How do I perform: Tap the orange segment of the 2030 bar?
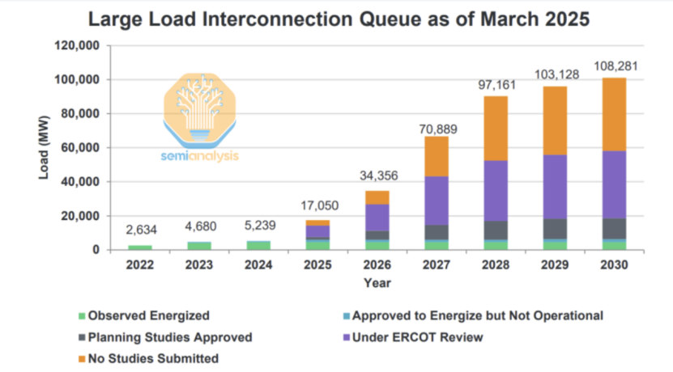[613, 114]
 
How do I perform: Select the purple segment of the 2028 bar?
[496, 190]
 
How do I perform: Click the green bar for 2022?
[139, 247]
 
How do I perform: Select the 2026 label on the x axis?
[377, 264]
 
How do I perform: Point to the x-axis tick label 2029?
[555, 264]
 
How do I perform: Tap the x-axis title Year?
[377, 283]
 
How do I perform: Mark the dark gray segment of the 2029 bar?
[555, 229]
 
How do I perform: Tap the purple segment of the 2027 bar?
[437, 201]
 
